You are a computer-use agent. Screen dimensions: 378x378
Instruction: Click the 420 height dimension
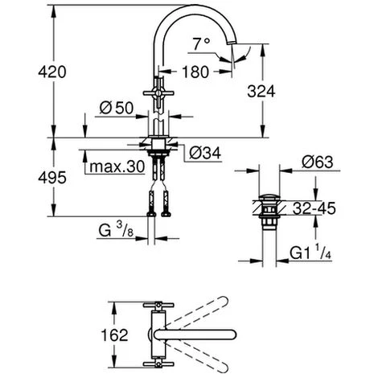point(52,72)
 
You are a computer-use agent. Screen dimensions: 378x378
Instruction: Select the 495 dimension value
point(52,178)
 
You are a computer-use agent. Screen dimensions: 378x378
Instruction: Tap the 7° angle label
point(201,44)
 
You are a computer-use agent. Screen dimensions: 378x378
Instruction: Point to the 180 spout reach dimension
point(195,72)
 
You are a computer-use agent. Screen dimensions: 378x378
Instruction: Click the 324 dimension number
point(261,92)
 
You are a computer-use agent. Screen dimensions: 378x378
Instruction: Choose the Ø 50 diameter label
point(117,109)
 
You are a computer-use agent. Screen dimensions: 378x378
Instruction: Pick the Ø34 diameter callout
point(205,154)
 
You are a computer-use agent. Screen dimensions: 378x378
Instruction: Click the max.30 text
point(117,166)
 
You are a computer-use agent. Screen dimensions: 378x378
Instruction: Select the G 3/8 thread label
point(116,230)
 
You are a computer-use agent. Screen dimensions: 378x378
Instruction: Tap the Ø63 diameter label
point(318,162)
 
